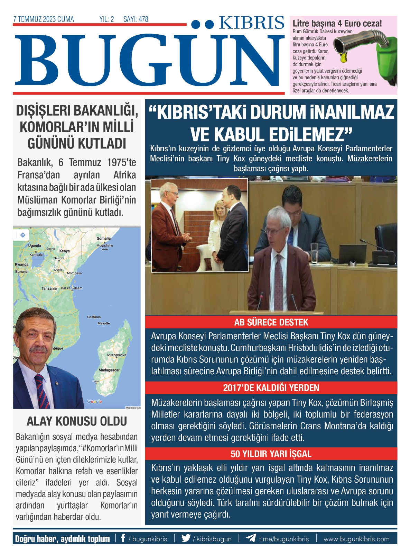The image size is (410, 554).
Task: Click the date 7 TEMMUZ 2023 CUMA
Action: [x=44, y=19]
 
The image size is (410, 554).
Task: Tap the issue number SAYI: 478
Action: [x=136, y=19]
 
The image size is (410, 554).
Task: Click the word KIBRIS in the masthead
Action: [x=251, y=23]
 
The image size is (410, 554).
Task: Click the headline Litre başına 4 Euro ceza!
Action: [x=337, y=24]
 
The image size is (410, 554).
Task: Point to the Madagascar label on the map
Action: [x=109, y=370]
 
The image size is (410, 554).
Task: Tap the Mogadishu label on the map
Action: [x=104, y=245]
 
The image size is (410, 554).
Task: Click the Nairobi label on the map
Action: [x=59, y=258]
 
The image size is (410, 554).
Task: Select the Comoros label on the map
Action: [x=94, y=317]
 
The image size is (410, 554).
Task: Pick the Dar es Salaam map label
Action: [x=72, y=288]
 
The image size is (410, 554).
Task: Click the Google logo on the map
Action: [x=94, y=401]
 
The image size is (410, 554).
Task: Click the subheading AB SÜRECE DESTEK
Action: [x=271, y=322]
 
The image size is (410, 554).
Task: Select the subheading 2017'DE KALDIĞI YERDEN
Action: [x=271, y=388]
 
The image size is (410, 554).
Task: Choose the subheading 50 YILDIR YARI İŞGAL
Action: [x=271, y=454]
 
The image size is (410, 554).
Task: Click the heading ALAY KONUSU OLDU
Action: [x=77, y=421]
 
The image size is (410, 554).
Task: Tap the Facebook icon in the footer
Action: [x=123, y=538]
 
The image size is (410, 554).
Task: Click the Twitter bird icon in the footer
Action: [x=186, y=538]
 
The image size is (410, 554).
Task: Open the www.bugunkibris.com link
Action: [x=356, y=539]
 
